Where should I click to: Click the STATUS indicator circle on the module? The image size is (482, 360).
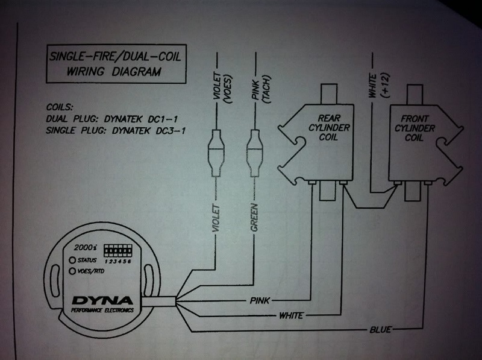coord(72,260)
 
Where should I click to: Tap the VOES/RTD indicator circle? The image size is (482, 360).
coord(72,271)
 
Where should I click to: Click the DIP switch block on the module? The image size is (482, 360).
coord(117,248)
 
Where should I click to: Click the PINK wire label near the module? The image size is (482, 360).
coord(260,299)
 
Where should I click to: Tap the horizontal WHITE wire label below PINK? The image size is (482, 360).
coord(291,315)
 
